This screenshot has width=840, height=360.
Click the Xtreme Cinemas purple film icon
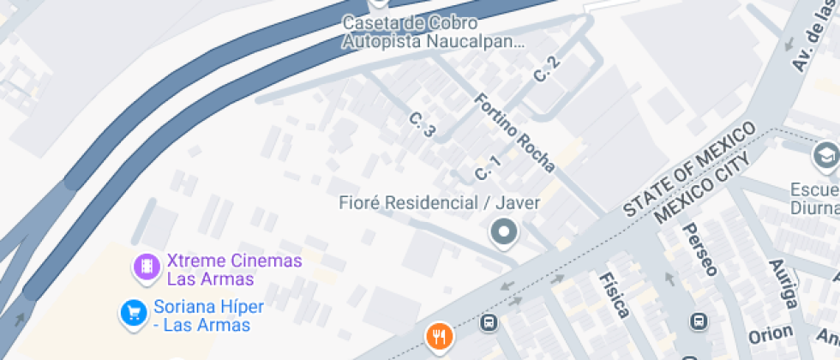click(x=147, y=267)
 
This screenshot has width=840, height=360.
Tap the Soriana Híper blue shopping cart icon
click(x=132, y=313)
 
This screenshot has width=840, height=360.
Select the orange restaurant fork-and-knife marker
click(x=440, y=337)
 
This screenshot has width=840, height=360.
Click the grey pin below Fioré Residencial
click(x=503, y=231)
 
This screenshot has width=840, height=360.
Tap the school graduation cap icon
click(x=825, y=157)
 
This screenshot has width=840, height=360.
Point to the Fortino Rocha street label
click(x=514, y=132)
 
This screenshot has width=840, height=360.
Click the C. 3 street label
click(x=423, y=125)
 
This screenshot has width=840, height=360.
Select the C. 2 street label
click(x=546, y=69)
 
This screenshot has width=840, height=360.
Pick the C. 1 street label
click(x=487, y=168)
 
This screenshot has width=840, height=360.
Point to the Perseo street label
click(x=699, y=249)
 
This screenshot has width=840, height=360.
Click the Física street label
click(x=615, y=294)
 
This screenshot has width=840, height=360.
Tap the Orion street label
click(x=770, y=335)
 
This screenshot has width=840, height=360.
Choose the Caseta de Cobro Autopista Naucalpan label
click(x=433, y=31)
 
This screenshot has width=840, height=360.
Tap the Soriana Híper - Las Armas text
click(x=208, y=315)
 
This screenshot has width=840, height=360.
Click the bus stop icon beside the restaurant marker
click(x=489, y=323)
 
